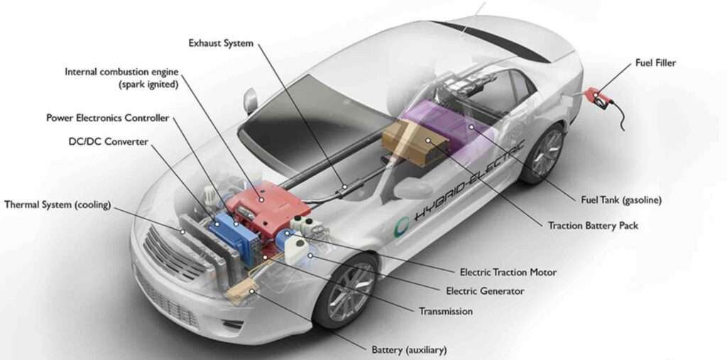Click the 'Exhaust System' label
click(222, 43)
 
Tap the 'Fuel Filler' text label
click(655, 62)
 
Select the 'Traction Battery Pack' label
click(593, 226)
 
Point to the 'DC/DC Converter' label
click(109, 142)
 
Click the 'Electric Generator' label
click(485, 291)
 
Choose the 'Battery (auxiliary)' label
click(410, 349)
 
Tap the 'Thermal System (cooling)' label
click(58, 204)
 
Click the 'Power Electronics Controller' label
click(108, 118)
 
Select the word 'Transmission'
click(446, 311)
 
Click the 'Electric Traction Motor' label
click(508, 273)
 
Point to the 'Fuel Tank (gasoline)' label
click(621, 200)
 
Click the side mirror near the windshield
click(250, 101)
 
